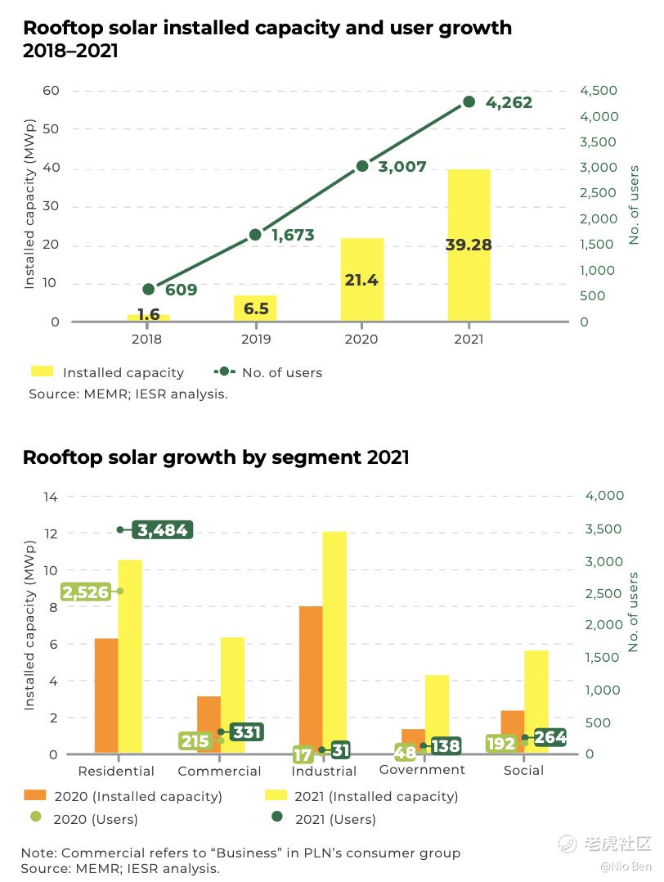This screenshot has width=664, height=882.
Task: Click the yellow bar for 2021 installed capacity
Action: [469, 245]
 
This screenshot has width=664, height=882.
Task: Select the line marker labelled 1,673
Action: [255, 235]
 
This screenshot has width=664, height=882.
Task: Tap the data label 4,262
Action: [509, 102]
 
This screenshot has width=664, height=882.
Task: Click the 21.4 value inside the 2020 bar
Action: [361, 280]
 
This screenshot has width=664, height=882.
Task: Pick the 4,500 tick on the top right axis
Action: [599, 90]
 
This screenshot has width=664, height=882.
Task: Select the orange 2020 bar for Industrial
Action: [311, 679]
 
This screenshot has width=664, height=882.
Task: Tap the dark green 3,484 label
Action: [163, 530]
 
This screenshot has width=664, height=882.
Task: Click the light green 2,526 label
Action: [86, 592]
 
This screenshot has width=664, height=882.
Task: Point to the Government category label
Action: [422, 769]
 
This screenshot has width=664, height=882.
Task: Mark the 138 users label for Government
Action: [446, 746]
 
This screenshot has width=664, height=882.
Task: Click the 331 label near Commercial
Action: [246, 731]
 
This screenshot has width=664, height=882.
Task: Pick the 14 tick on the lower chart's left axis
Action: [51, 496]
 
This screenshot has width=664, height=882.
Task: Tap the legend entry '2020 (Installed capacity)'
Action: [137, 796]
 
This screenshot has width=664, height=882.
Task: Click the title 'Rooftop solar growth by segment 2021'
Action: [216, 457]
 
